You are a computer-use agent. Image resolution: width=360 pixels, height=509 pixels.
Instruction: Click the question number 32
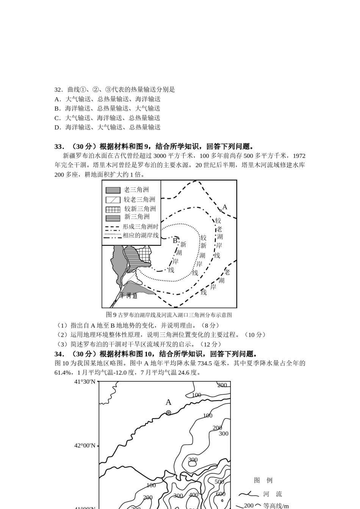(x=58, y=90)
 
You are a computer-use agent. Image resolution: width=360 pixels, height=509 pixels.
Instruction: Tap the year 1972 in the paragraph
(x=299, y=156)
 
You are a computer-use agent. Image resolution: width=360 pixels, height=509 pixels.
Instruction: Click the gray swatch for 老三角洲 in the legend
(x=113, y=190)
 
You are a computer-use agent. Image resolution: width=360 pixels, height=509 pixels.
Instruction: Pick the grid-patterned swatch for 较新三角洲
(x=113, y=209)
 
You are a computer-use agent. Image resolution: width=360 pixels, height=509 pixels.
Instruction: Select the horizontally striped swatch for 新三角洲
(x=113, y=218)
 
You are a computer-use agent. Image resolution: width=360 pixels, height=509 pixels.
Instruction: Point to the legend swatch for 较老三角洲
(x=113, y=200)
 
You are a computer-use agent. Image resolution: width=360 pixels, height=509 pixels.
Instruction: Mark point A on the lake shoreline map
(x=221, y=210)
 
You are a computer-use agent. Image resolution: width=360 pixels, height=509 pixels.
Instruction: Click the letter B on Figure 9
(x=175, y=240)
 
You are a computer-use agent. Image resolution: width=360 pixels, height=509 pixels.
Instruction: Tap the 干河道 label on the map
(x=128, y=295)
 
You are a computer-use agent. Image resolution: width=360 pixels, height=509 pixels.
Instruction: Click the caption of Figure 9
(x=169, y=315)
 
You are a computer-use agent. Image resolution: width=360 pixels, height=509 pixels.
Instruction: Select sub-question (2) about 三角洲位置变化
(x=161, y=335)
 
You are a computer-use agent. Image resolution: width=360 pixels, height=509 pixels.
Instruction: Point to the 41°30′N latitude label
(x=85, y=382)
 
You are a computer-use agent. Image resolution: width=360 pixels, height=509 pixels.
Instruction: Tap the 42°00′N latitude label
(x=85, y=445)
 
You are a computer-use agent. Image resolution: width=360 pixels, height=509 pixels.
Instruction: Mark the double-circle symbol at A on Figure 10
(x=169, y=413)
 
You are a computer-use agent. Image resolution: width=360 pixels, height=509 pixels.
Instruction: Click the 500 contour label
(x=219, y=482)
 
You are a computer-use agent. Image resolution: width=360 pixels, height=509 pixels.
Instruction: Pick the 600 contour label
(x=221, y=494)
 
